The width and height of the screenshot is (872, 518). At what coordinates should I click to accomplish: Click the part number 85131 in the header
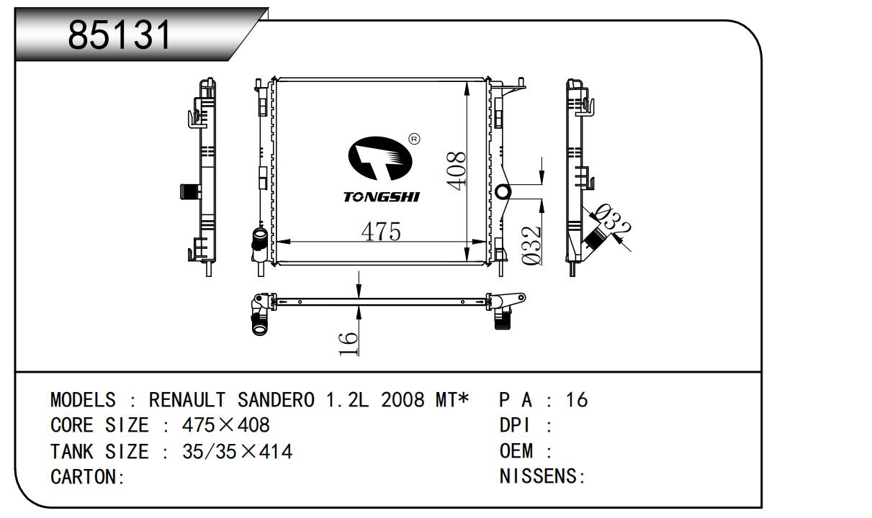coord(120,35)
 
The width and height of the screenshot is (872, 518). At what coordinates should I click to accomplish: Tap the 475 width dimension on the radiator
coord(381,232)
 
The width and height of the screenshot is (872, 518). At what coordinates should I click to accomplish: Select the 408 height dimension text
coord(457,171)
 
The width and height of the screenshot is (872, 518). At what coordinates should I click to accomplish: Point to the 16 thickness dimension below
coord(349,343)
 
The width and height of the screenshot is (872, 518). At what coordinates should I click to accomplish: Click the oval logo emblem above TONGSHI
coord(380,158)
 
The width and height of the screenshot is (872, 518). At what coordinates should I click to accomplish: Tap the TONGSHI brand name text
coord(381,197)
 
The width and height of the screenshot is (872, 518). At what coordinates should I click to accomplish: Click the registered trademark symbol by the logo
coord(415,139)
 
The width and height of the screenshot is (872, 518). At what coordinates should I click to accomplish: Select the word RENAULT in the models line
coord(187,400)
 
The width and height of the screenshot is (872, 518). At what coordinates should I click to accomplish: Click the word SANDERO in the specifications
coord(276,400)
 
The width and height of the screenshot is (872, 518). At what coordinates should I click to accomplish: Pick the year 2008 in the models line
coord(403,400)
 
